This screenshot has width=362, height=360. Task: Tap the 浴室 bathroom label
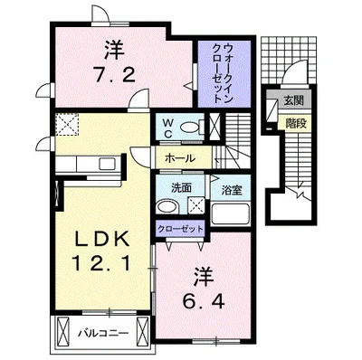point(229,190)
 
